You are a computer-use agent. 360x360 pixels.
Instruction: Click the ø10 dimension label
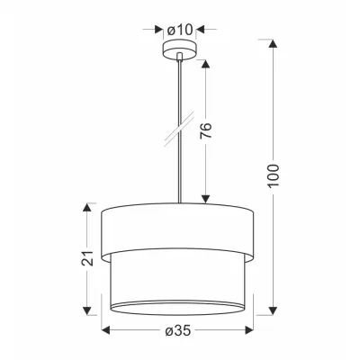click(179, 30)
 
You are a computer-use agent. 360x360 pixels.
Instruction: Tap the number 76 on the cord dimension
click(206, 130)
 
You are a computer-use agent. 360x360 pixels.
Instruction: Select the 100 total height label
click(273, 175)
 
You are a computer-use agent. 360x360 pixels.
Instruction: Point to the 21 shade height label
click(87, 257)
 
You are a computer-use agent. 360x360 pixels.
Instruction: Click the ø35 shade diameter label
click(178, 330)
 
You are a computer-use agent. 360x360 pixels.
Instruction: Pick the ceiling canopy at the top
click(179, 49)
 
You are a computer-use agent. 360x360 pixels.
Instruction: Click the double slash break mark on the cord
click(179, 128)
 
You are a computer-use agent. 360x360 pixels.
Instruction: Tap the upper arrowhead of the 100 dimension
click(273, 43)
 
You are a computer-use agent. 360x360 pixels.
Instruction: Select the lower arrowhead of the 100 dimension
click(273, 310)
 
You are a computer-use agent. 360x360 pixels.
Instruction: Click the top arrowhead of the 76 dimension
click(205, 65)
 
